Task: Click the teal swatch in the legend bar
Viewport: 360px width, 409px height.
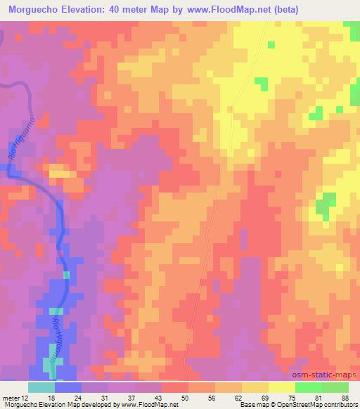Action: (41, 387)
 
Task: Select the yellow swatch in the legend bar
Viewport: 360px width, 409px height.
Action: (282, 387)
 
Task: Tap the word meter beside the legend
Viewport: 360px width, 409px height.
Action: (11, 397)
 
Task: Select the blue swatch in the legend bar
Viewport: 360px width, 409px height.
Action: (68, 387)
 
